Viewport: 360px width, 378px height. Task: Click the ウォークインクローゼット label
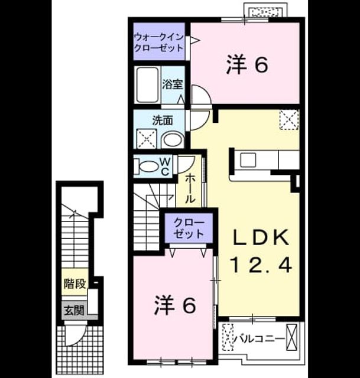pos(159,43)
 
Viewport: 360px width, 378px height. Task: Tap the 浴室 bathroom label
pos(172,84)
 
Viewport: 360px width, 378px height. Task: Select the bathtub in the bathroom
pos(147,85)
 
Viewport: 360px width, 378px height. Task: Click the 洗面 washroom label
pos(163,120)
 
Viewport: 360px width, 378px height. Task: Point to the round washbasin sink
pos(172,140)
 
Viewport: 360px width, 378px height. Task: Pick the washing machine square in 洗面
pos(147,139)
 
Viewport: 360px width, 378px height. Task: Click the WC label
pos(166,166)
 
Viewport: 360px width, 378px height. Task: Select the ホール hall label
pos(189,188)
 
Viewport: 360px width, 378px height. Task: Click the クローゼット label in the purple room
pos(189,228)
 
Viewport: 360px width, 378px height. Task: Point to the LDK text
pos(261,238)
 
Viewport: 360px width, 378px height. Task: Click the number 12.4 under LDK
pos(261,265)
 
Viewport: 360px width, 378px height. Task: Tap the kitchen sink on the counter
pos(248,159)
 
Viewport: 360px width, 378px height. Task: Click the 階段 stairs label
pos(74,283)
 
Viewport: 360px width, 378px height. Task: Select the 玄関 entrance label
pos(74,310)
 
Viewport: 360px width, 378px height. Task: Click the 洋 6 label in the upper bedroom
pos(247,64)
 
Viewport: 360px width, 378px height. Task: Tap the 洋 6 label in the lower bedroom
pos(175,305)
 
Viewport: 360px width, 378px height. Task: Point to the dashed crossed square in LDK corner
pos(290,120)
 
